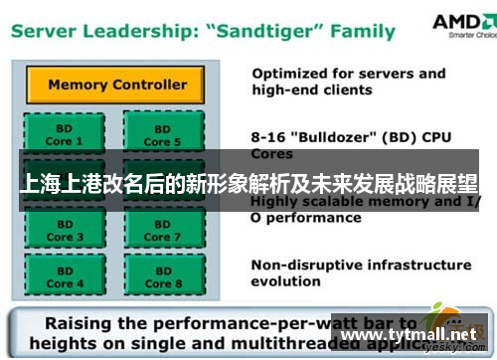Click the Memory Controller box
click(117, 85)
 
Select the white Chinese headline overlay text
click(248, 186)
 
